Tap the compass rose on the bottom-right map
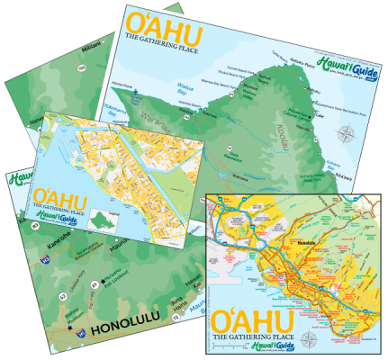[x=311, y=340]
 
